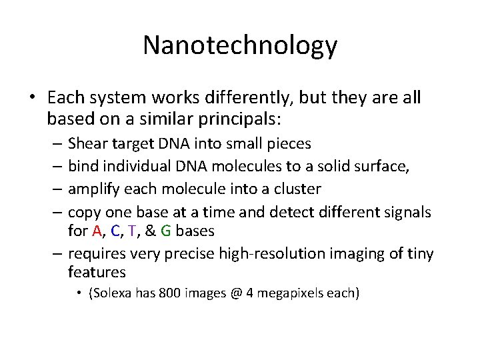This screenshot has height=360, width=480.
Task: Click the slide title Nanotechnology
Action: [x=240, y=45]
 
